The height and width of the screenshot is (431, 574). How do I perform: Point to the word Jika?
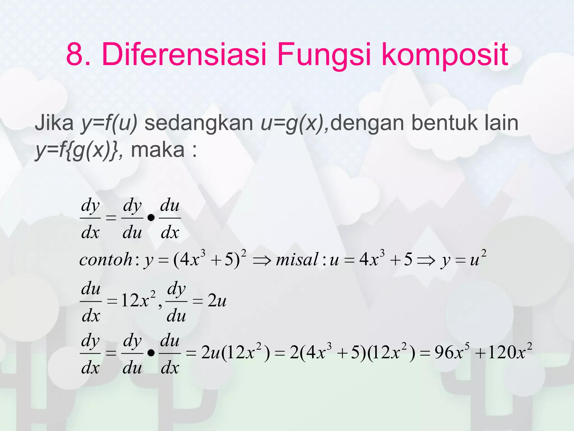54,123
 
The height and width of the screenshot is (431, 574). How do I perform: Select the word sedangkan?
198,123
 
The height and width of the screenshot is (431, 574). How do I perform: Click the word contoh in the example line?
106,260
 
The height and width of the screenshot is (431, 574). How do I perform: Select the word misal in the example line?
297,260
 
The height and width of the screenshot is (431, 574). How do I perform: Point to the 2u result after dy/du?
217,301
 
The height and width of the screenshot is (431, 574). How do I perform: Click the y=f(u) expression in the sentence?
109,123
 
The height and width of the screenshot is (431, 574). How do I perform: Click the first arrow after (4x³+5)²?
262,261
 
